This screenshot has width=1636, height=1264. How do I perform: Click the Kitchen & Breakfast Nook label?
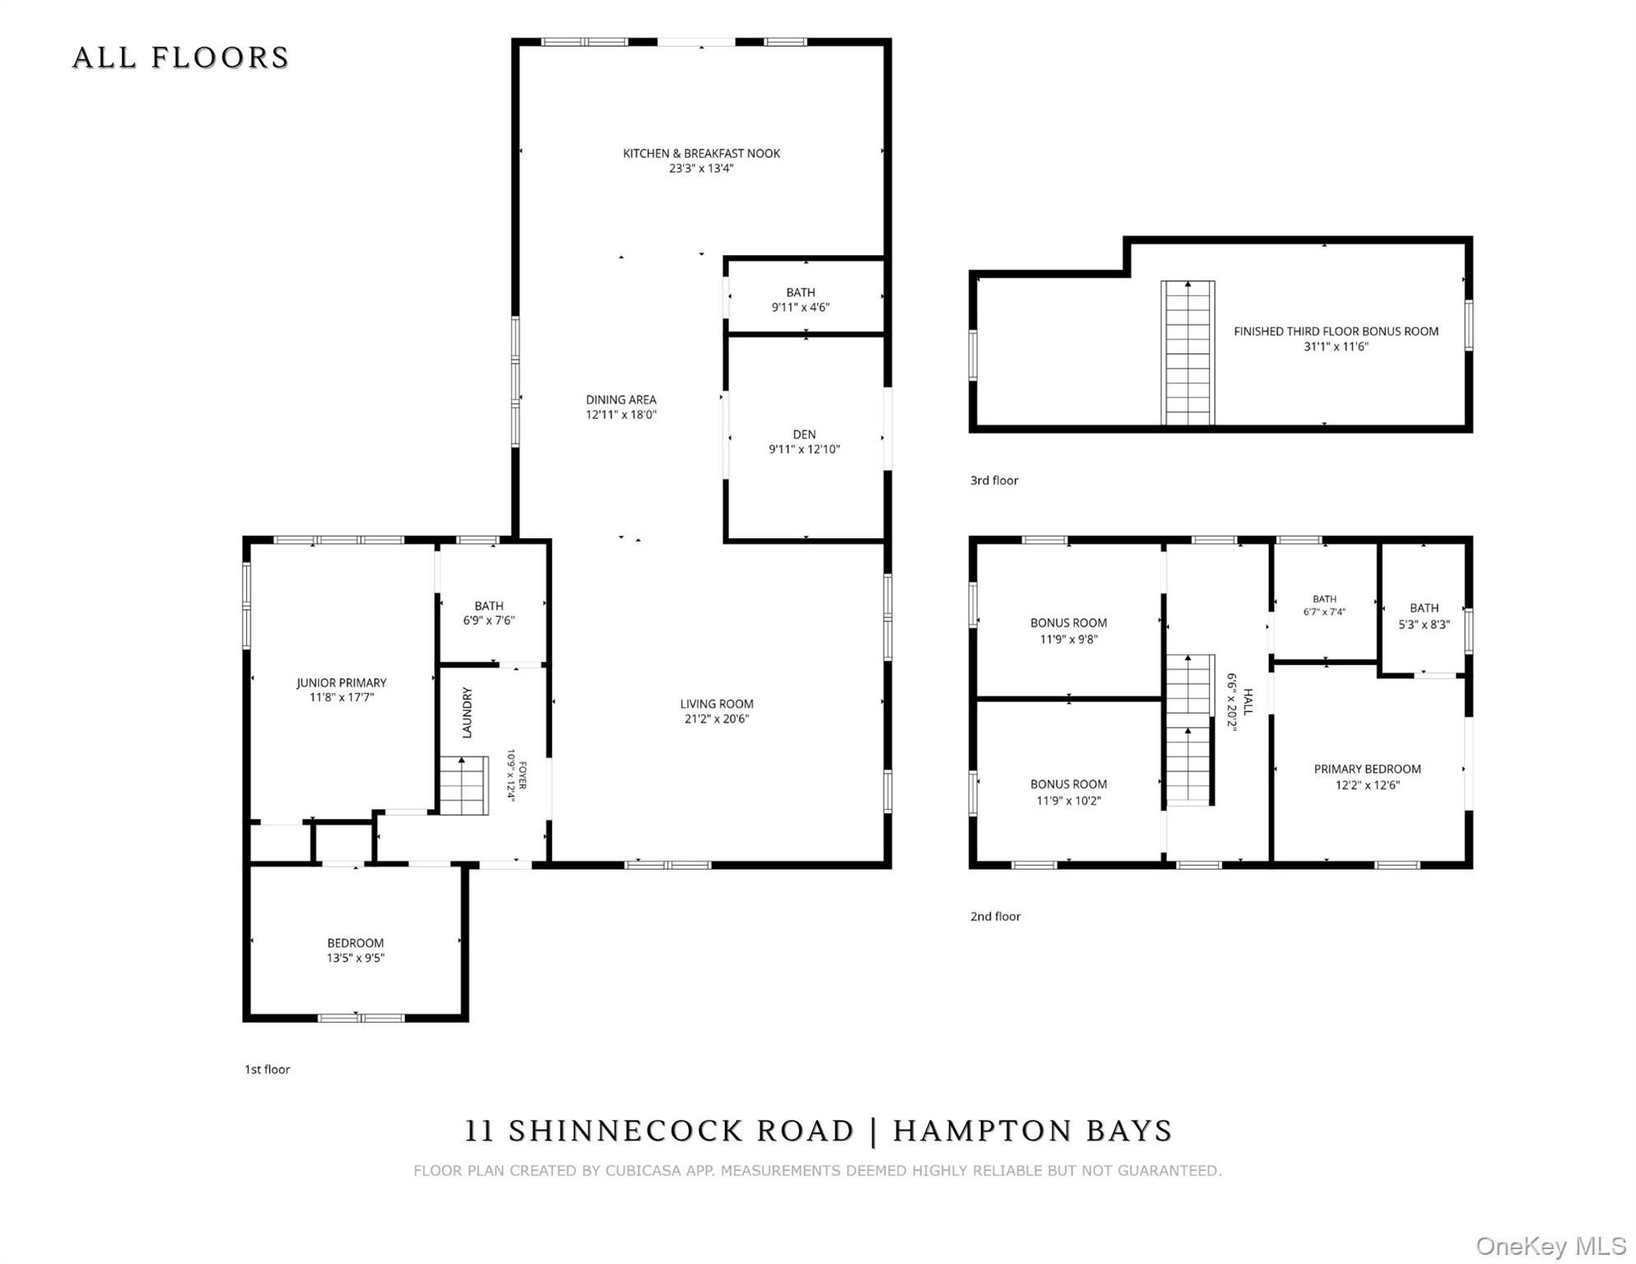pyautogui.click(x=701, y=153)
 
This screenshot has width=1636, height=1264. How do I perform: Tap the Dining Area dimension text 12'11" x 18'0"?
pyautogui.click(x=621, y=415)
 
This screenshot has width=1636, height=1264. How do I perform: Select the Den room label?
pyautogui.click(x=804, y=434)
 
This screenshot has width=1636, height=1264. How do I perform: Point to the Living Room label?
pyautogui.click(x=717, y=704)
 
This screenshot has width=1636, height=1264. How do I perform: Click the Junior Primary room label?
pyautogui.click(x=342, y=682)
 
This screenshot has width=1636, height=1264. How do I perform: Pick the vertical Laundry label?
pyautogui.click(x=467, y=713)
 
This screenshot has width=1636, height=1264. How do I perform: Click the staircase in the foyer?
pyautogui.click(x=463, y=785)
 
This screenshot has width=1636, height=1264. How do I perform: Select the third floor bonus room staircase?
pyautogui.click(x=1187, y=353)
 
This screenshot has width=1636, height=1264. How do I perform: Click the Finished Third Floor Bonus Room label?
pyautogui.click(x=1336, y=332)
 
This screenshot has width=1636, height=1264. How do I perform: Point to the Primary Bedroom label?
pyautogui.click(x=1368, y=769)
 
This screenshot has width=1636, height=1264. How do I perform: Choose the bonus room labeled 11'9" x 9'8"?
pyautogui.click(x=1068, y=631)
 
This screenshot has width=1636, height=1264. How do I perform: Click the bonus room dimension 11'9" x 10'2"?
pyautogui.click(x=1068, y=801)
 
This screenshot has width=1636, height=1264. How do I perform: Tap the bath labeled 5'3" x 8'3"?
pyautogui.click(x=1425, y=616)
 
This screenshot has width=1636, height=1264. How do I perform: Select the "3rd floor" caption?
pyautogui.click(x=994, y=481)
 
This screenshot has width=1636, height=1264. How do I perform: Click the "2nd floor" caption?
pyautogui.click(x=995, y=917)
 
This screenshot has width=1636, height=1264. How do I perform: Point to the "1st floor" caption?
pyautogui.click(x=267, y=1070)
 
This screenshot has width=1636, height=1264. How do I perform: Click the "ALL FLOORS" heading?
pyautogui.click(x=181, y=58)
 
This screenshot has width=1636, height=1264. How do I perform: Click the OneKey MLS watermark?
pyautogui.click(x=1550, y=1246)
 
